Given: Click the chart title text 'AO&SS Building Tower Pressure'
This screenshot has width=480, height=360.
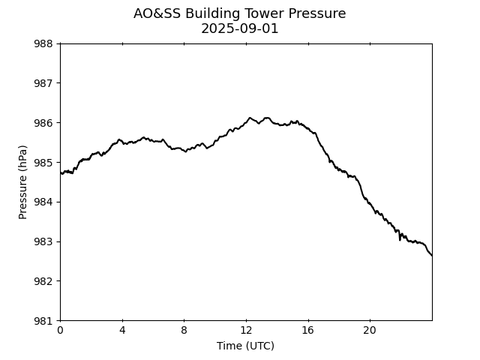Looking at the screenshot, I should pos(240,13).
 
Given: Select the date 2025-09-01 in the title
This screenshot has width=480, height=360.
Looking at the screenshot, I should pos(240,28).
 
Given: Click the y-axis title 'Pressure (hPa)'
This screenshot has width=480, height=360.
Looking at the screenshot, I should pos(23,182).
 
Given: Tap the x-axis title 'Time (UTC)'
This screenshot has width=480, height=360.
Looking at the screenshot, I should pos(245,346).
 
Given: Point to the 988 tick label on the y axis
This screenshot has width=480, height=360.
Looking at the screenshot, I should pos(43,43).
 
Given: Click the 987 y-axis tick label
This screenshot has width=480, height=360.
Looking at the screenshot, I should pos(43,83).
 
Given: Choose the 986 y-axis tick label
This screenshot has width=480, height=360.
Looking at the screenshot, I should pos(43,123).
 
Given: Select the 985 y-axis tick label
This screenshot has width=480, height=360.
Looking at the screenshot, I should pos(43,163).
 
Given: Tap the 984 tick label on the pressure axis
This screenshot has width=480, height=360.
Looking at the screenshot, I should pos(43,202).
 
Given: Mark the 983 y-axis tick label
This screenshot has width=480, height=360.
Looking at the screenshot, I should pos(43,242).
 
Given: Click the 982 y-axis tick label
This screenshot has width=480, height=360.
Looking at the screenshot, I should pos(43,281).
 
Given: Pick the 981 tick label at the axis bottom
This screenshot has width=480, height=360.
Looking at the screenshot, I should pos(43,321).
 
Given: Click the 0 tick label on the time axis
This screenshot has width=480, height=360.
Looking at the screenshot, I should pos(61,331).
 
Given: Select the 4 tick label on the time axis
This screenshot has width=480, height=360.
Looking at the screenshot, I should pos(122,331).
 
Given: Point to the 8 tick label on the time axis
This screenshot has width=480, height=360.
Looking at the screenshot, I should pos(184,331).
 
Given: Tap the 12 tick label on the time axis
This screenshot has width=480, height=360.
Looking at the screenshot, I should pos(246,331).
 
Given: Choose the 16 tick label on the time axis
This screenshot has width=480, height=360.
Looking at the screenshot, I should pos(308,331).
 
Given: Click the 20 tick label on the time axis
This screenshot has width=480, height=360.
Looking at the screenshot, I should pos(370,331).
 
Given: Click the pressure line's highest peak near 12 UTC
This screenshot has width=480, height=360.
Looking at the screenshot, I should pos(250,118).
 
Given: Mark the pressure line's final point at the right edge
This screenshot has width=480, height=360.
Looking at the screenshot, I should pos(431,256).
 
